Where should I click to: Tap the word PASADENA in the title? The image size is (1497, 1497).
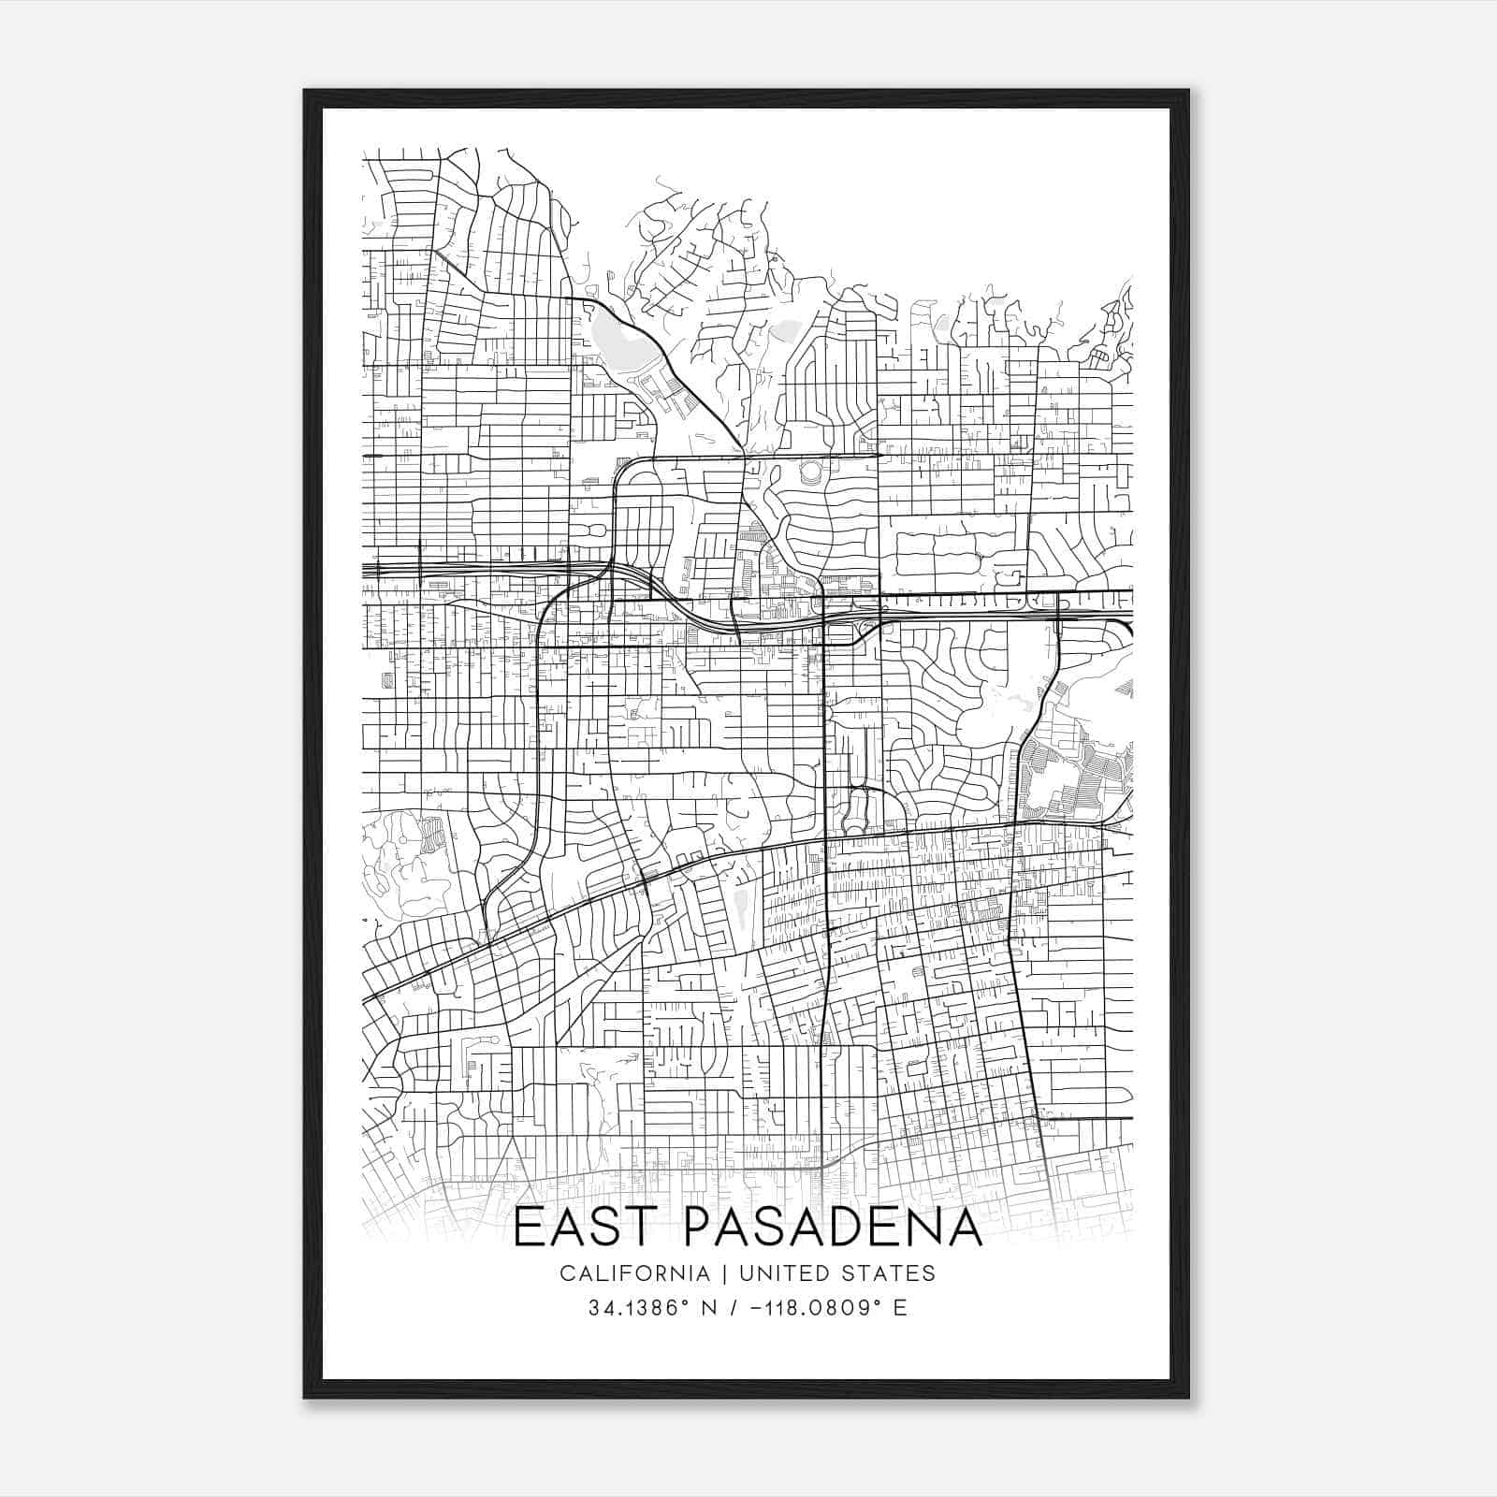click(834, 1228)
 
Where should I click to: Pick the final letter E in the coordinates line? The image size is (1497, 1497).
click(900, 1307)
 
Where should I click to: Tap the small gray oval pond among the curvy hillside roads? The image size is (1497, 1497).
click(784, 329)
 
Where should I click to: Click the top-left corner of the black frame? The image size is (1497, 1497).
click(305, 91)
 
